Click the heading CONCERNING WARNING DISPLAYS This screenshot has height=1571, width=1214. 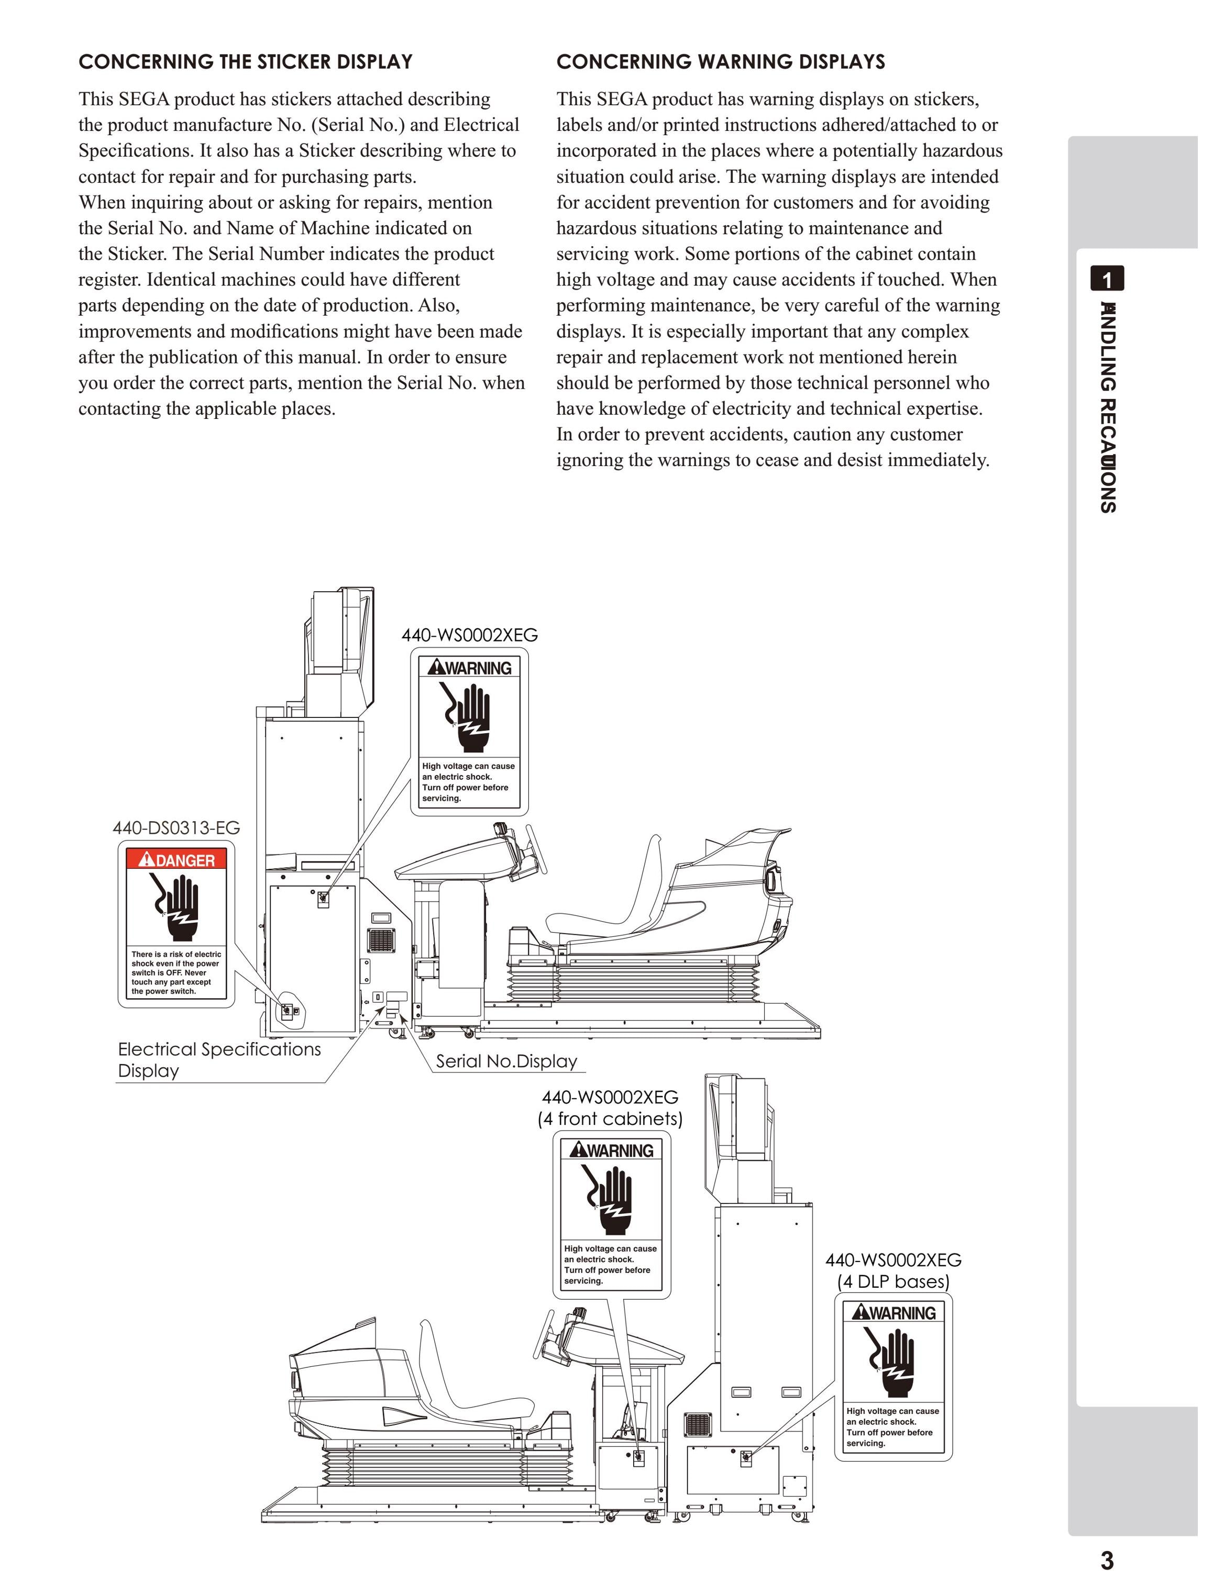(721, 62)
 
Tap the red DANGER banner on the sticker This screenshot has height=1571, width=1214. (176, 859)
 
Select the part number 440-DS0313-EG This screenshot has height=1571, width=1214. (176, 828)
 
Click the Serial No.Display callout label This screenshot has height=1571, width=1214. (506, 1061)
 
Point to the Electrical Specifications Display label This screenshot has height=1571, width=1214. (219, 1059)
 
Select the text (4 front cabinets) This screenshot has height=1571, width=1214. (610, 1119)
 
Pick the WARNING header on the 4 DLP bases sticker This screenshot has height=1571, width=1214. (893, 1313)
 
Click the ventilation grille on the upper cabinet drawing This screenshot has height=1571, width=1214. (380, 940)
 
